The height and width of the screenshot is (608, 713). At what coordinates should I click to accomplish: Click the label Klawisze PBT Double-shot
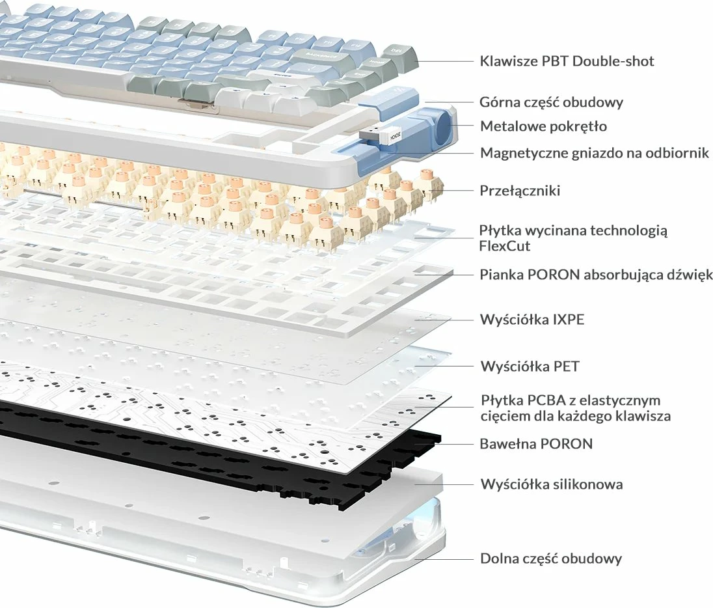point(567,61)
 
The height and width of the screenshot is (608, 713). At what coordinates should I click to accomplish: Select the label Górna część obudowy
point(552,102)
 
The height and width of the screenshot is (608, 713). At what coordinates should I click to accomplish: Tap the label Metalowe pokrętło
point(543,126)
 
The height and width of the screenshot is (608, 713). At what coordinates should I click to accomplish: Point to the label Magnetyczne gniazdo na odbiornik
point(595,153)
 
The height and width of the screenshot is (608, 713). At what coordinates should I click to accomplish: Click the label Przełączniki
point(520,191)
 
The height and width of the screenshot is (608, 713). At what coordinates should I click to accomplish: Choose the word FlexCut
point(505,246)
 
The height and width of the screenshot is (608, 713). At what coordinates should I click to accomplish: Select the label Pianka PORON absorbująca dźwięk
point(596,275)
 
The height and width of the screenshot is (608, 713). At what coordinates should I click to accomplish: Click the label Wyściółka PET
point(529,366)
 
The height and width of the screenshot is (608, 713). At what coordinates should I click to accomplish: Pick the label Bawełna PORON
point(536,444)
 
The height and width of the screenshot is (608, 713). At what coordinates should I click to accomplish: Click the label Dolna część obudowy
point(551,559)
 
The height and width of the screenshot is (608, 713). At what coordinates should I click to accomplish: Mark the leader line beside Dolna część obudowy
point(449,559)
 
